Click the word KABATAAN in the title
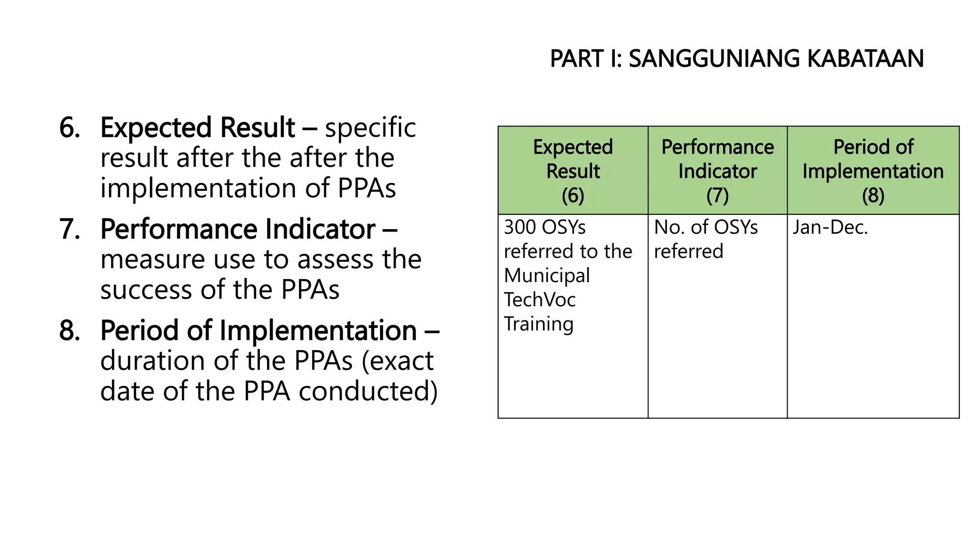click(x=865, y=59)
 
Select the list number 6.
click(x=69, y=128)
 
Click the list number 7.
click(x=69, y=229)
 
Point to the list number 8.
click(x=69, y=331)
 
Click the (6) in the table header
click(x=573, y=196)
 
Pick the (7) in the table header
click(x=717, y=196)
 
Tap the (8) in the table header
click(x=873, y=196)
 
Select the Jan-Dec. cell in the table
click(x=830, y=227)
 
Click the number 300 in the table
click(x=520, y=227)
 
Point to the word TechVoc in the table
click(x=540, y=300)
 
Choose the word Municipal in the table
click(x=547, y=276)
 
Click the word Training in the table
click(x=539, y=324)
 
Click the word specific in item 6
click(x=370, y=128)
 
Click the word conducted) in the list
click(x=368, y=391)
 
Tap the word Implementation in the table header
click(x=873, y=171)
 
